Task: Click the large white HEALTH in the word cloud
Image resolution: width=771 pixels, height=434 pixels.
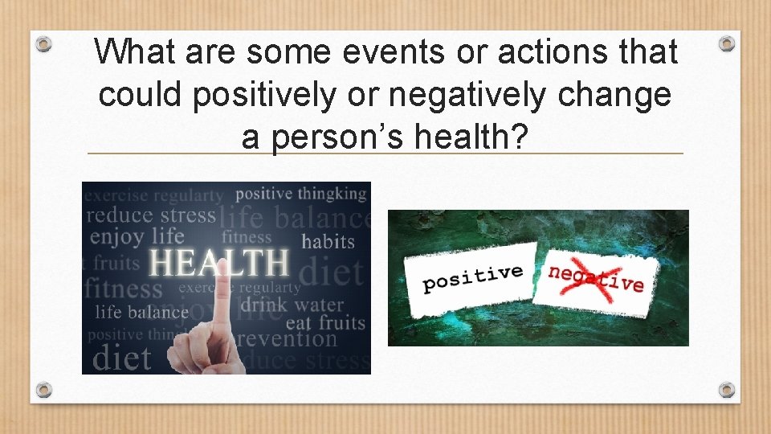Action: point(219,263)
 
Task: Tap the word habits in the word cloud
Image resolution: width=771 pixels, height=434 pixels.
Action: point(328,240)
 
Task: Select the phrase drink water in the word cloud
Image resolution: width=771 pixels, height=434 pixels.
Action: point(292,305)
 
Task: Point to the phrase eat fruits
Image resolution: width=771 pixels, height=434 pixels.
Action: point(324,323)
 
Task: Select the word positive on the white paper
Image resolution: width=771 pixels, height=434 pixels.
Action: point(473,278)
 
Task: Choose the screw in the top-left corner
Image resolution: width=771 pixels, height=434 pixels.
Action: point(45,43)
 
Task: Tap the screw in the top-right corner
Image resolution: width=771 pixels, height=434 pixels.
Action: point(726,43)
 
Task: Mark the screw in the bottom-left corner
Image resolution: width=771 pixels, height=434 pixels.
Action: point(45,390)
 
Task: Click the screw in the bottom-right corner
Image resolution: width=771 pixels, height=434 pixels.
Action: point(726,390)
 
